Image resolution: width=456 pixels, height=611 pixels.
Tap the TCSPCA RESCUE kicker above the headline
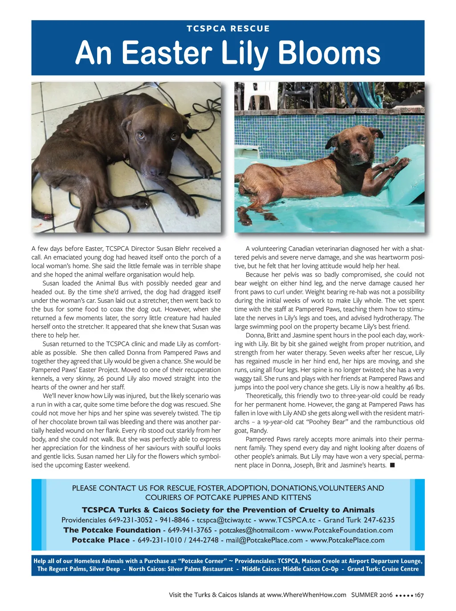[x=228, y=29]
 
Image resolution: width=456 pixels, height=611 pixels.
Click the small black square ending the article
[x=392, y=465]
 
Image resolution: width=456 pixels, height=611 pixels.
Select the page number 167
[x=419, y=595]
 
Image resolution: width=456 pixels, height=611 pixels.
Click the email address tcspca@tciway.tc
[x=224, y=520]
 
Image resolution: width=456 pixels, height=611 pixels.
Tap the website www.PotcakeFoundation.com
[x=344, y=530]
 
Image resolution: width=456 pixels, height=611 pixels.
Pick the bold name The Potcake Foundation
[x=112, y=530]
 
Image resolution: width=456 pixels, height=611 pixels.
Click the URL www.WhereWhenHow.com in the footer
[x=306, y=595]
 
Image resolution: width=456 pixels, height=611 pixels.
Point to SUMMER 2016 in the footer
[x=372, y=595]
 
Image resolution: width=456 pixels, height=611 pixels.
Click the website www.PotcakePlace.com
[x=347, y=540]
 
